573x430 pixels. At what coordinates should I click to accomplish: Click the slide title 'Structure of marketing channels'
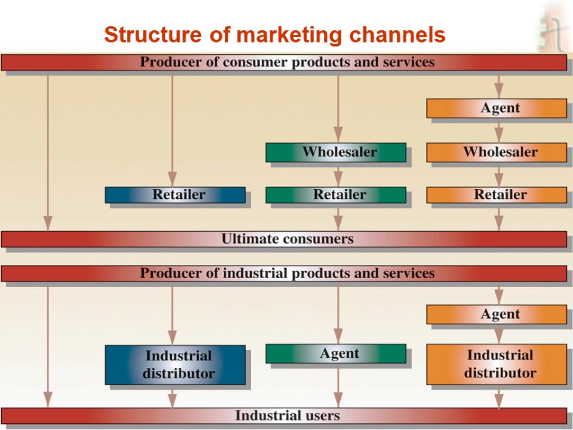(x=274, y=35)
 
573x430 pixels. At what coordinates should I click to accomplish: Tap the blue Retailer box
(x=175, y=195)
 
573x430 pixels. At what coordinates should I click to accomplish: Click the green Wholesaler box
(x=336, y=152)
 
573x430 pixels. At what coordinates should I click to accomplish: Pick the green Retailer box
(x=336, y=195)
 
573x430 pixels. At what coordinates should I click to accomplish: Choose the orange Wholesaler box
(x=496, y=152)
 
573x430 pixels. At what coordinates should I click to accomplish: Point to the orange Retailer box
(x=496, y=195)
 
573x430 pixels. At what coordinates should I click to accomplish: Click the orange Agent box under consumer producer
(x=496, y=108)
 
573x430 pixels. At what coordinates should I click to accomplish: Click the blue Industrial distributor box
(x=175, y=364)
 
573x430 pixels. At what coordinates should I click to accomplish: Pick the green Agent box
(x=336, y=354)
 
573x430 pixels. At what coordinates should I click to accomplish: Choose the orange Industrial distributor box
(x=496, y=364)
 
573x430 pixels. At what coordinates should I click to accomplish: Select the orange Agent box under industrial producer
(x=496, y=315)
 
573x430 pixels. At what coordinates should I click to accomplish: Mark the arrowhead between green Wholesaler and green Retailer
(x=338, y=180)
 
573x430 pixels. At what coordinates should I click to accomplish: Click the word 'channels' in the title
(x=397, y=35)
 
